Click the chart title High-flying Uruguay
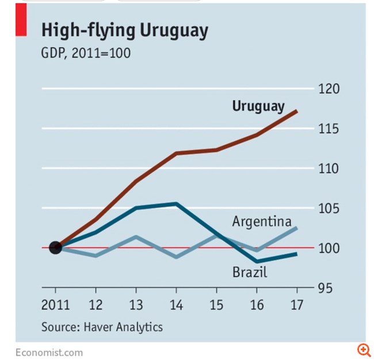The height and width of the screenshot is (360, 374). (x=124, y=32)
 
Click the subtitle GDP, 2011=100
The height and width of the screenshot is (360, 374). (x=86, y=53)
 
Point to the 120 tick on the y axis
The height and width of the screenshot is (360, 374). (x=330, y=89)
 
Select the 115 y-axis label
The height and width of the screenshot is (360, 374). (x=330, y=129)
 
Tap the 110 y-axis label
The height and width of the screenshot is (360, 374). (x=330, y=168)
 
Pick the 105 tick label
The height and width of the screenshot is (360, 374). (x=330, y=208)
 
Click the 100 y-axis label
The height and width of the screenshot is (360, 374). (x=330, y=248)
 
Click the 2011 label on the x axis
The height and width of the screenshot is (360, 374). (x=55, y=304)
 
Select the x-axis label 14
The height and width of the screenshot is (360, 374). (x=176, y=304)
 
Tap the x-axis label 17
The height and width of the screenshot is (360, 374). (x=297, y=304)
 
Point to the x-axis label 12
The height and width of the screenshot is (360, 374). (x=96, y=304)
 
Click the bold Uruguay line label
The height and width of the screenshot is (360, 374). (x=258, y=106)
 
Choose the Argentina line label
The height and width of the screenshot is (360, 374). (x=262, y=222)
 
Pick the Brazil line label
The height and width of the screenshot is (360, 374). (x=250, y=271)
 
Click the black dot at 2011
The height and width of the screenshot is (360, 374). (x=55, y=248)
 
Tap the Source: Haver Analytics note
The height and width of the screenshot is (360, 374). (x=102, y=327)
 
